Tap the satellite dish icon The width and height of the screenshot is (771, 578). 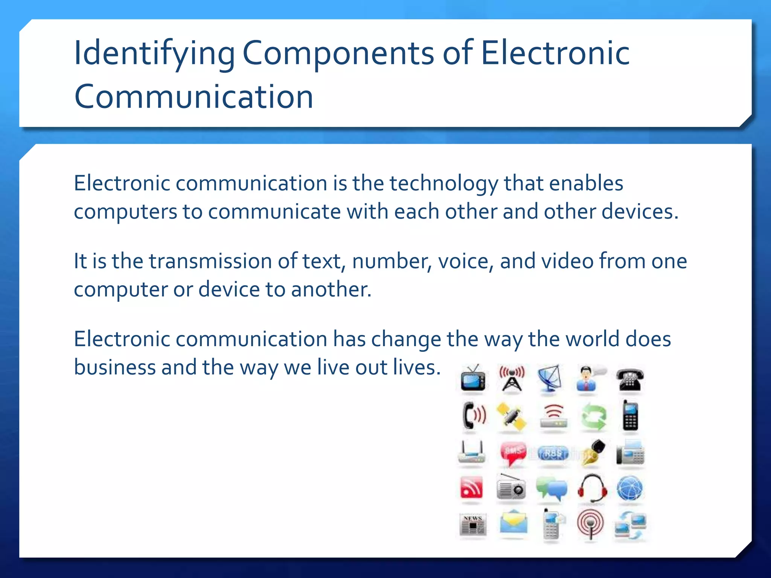pos(550,379)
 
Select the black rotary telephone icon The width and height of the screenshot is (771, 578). pos(630,380)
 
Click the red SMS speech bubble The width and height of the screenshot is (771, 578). pos(512,453)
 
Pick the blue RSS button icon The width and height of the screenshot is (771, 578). pos(552,453)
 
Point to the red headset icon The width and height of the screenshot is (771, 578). pos(592,488)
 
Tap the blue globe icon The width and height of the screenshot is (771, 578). pos(630,488)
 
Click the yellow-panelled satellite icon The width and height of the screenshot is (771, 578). pos(512,417)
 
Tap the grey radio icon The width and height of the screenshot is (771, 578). pos(511,488)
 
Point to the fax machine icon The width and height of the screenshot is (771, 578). pos(630,452)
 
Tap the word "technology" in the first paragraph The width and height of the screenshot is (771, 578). pos(443,184)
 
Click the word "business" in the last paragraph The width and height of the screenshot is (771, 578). pos(114,367)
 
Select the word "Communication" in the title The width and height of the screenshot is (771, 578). pos(194,97)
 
